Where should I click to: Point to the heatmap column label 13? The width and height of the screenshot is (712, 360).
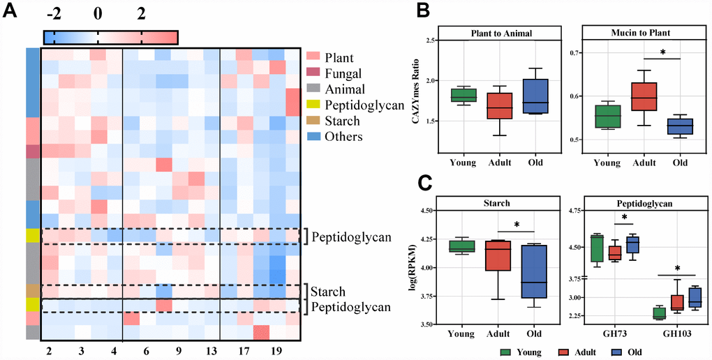click(212, 349)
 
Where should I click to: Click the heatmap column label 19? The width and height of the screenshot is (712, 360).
click(276, 349)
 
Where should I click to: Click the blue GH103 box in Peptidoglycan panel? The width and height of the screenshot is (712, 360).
click(695, 297)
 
